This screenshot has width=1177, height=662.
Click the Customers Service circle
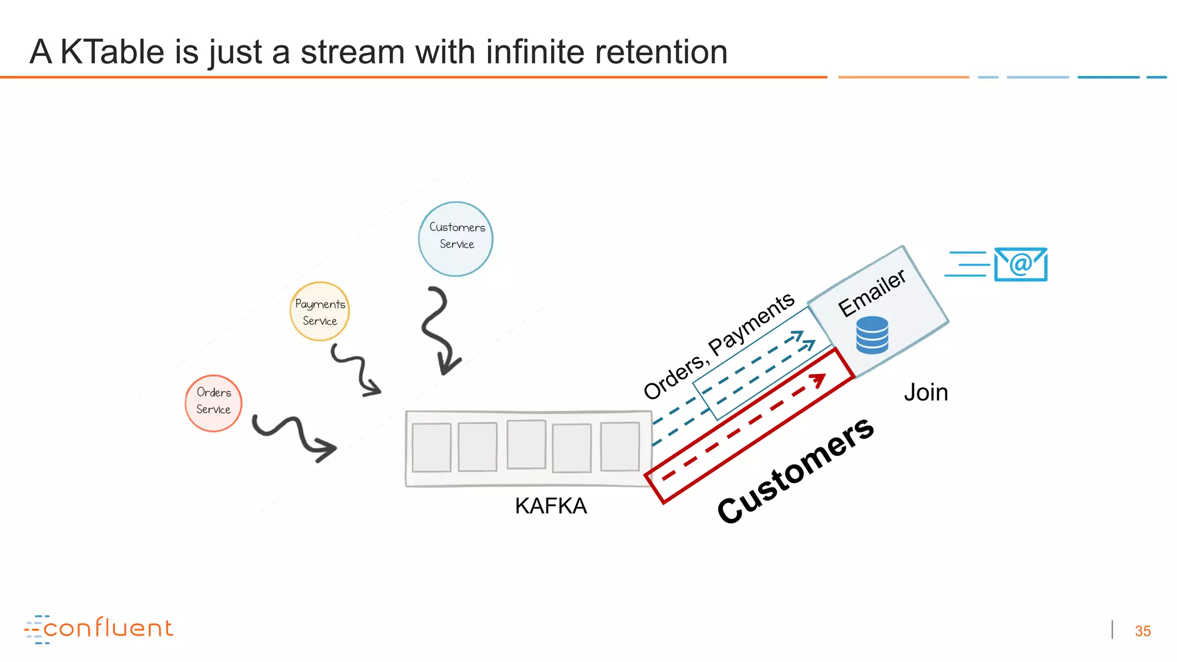456,238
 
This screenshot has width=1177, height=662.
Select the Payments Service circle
320,311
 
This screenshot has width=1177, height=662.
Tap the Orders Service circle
213,403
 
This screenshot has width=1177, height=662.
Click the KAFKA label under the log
551,506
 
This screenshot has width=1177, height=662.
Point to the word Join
925,392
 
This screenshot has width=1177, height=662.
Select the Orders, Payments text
718,346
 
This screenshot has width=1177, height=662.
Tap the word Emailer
871,293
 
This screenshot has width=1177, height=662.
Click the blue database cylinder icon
872,335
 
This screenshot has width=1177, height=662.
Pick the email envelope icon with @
1021,264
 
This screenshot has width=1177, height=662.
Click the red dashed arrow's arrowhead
818,379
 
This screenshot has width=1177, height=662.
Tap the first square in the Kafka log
431,448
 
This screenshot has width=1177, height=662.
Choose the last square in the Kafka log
620,447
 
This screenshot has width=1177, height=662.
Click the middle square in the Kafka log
526,444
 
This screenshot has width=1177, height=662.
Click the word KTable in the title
112,52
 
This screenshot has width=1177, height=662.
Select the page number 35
1143,631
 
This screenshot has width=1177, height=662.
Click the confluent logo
99,629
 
